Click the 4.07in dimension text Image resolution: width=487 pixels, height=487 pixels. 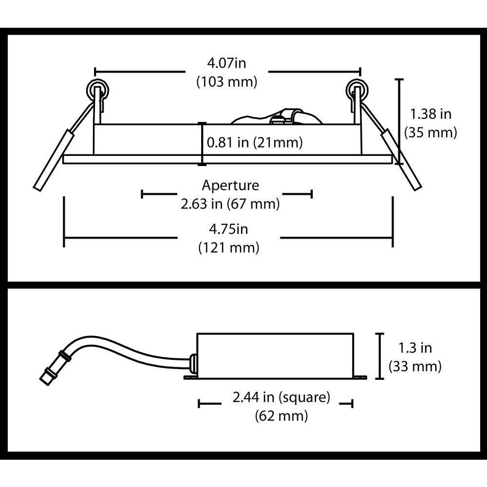coord(226,63)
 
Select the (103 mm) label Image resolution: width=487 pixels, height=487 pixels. coord(227,82)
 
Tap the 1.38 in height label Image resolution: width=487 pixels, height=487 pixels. coord(431,114)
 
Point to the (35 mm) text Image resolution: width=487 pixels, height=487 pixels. coord(431,132)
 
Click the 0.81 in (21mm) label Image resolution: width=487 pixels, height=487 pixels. coord(255,143)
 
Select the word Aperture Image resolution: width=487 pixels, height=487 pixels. coord(230,186)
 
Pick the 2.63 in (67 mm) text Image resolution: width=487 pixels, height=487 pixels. coord(230,204)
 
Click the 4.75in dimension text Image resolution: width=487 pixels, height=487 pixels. coord(228,229)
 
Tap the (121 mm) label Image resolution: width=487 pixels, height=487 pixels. coord(228,248)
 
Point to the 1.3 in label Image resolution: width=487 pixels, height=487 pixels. coord(415,348)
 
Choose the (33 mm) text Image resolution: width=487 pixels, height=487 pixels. coord(415,367)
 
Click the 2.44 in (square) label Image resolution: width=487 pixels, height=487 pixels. coord(281,397)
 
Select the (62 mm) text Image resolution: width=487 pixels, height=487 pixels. coord(281,416)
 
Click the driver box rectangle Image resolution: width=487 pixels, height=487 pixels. coord(276,356)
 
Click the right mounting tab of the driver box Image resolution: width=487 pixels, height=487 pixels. coord(360,377)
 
